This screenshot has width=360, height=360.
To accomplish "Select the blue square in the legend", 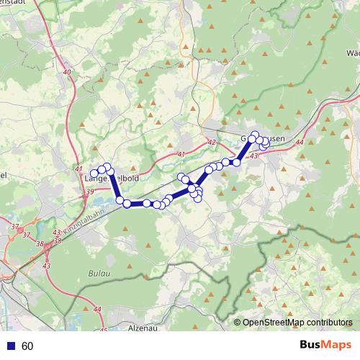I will [10, 346].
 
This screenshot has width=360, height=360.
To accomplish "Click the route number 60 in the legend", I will [27, 346].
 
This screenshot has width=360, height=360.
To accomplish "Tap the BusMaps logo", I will [325, 346].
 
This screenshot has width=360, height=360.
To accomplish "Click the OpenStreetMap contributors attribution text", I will [297, 323].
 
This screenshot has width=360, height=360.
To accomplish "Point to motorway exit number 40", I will [67, 72].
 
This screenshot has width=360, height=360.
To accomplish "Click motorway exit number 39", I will [89, 192].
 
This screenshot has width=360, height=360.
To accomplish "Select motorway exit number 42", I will [211, 143].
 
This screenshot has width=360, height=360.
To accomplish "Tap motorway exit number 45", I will [103, 331].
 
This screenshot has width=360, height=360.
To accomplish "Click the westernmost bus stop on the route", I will [94, 171].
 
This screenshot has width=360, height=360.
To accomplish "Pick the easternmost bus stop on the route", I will [266, 141].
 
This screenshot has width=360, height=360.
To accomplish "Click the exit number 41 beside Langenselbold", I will [78, 169].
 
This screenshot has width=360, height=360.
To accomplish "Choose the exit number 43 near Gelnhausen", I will [253, 156].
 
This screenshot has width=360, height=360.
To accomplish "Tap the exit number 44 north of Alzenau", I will [97, 309].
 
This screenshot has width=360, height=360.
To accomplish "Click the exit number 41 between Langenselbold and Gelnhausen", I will [180, 154].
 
